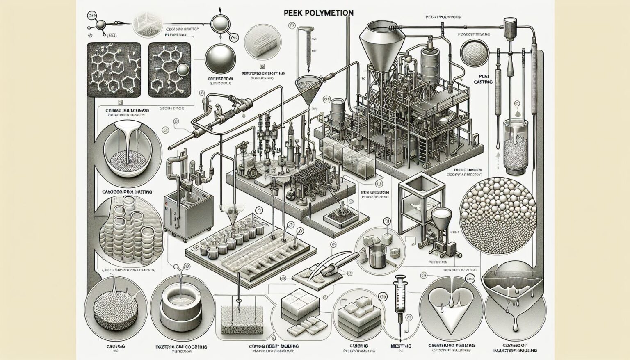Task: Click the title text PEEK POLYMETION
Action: [x=318, y=13]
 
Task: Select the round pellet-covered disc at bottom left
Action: [x=110, y=312]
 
